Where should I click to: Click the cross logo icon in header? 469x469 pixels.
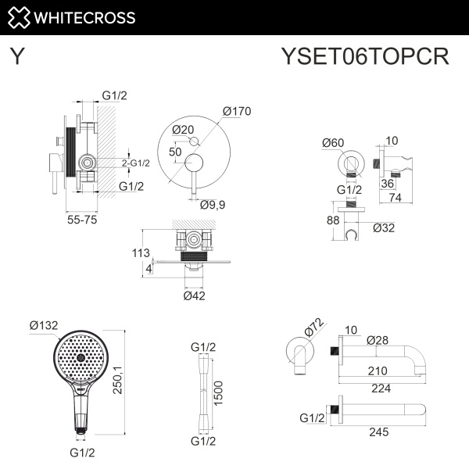pos(20,17)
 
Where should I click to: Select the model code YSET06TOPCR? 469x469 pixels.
pos(364,57)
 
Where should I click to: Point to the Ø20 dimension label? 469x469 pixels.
pos(182,130)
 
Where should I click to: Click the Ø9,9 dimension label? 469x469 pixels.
pos(213,206)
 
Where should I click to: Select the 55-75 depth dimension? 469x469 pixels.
pos(82,222)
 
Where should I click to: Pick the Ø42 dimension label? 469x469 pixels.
pos(195,295)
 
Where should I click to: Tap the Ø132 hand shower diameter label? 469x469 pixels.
pos(45,325)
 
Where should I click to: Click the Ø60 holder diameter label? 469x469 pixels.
pos(334,142)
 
